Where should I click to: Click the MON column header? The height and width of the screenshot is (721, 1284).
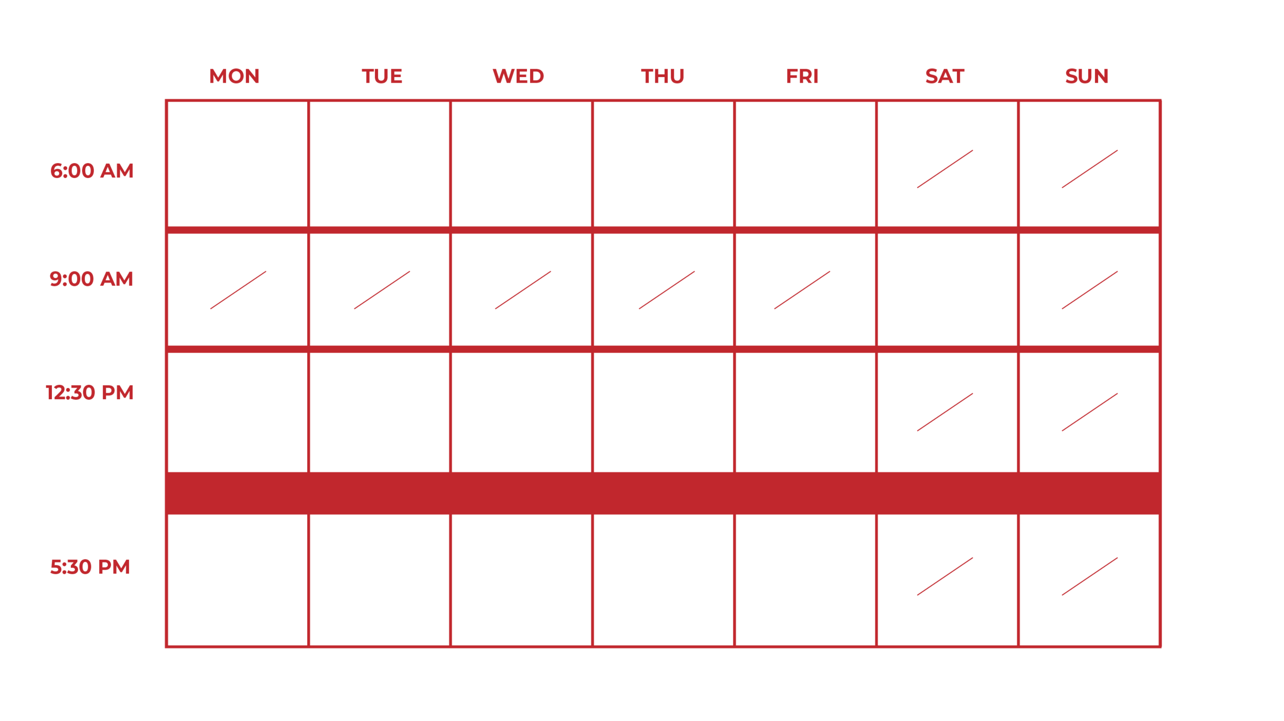click(x=234, y=76)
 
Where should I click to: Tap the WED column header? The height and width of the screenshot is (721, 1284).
click(x=518, y=76)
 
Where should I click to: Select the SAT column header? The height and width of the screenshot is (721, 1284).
click(x=945, y=76)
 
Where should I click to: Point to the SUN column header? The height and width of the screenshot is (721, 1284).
click(x=1086, y=76)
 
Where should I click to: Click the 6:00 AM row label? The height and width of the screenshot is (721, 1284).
click(x=91, y=171)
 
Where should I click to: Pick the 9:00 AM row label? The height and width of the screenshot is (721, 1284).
click(x=91, y=279)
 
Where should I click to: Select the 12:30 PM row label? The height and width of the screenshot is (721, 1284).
click(x=89, y=393)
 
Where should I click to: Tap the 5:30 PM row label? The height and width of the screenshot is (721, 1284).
click(x=90, y=567)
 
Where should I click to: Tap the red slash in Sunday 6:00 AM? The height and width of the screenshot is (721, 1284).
click(x=1089, y=169)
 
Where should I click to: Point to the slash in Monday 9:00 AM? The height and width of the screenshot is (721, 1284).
click(x=238, y=290)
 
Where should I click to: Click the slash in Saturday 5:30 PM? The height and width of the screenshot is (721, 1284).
click(x=945, y=576)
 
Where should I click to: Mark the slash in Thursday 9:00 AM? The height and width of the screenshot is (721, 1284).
click(x=667, y=290)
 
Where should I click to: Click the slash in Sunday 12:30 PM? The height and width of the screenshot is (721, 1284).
click(x=1089, y=412)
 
